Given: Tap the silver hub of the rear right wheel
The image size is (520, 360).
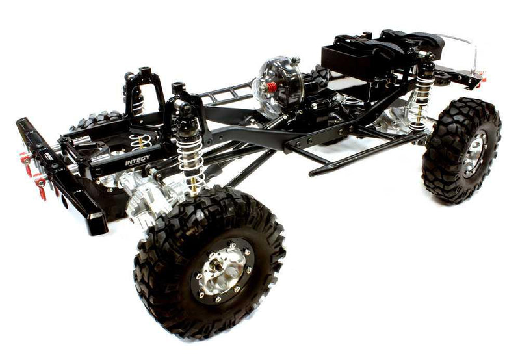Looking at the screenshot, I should [476, 153].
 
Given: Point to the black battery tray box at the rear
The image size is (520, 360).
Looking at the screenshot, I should [354, 58].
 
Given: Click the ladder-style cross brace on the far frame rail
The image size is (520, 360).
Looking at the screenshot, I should [224, 94].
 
